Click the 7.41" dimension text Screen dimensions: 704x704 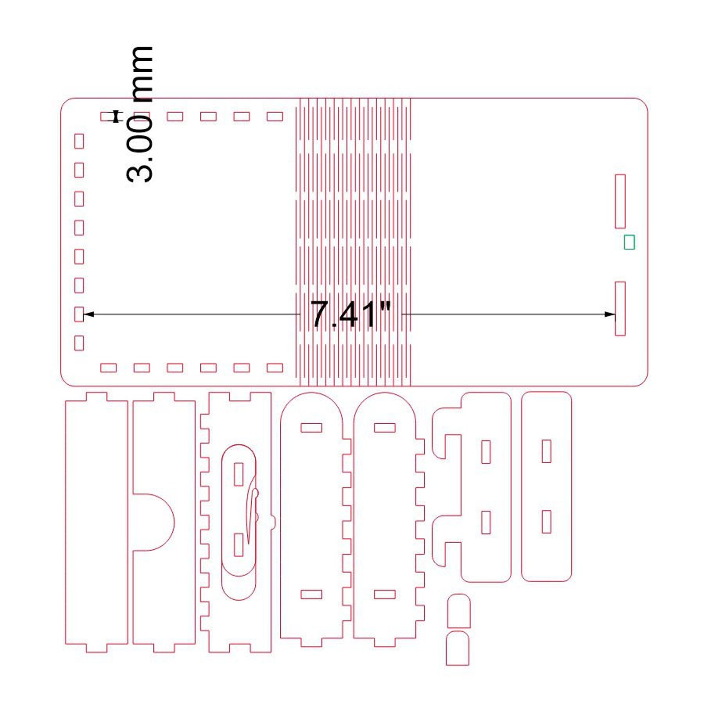coord(351,314)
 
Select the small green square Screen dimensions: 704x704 coord(629,242)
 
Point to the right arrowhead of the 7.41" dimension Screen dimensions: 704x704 coord(610,314)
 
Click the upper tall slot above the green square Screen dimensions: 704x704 coord(620,201)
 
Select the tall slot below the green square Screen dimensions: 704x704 coord(620,309)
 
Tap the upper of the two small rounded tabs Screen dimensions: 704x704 coord(459,611)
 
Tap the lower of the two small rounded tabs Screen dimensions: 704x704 coord(458,648)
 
